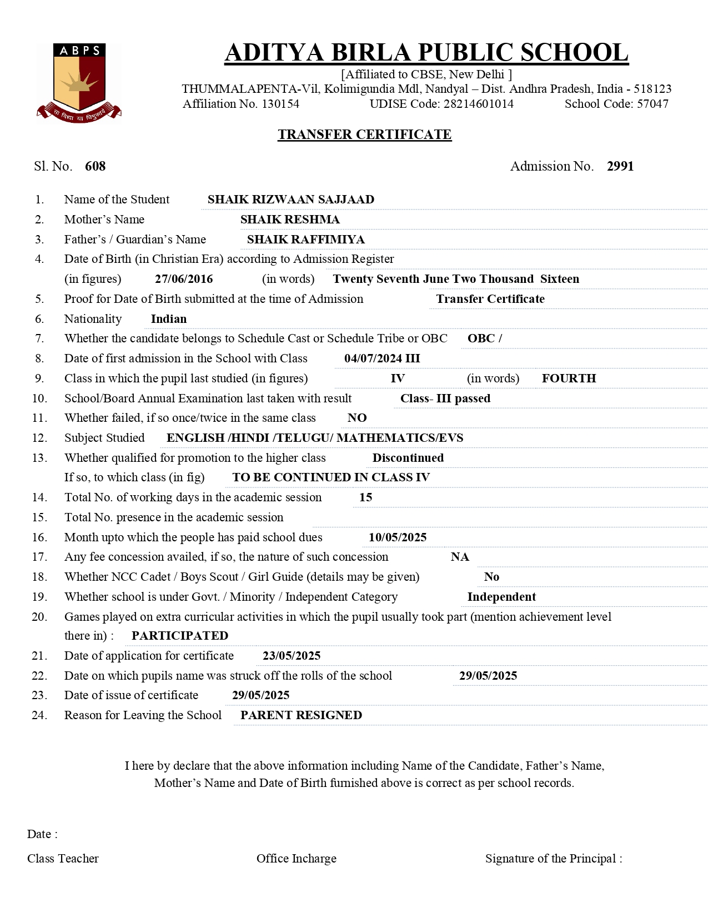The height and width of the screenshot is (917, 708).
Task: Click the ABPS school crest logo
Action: pyautogui.click(x=79, y=82)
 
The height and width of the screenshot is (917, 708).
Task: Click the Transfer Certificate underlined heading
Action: pyautogui.click(x=364, y=134)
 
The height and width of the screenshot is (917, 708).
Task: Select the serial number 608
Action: pyautogui.click(x=95, y=166)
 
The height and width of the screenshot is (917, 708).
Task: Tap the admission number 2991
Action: pyautogui.click(x=620, y=166)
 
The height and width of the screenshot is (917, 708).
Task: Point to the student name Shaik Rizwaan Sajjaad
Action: pyautogui.click(x=290, y=200)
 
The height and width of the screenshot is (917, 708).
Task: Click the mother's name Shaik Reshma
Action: pyautogui.click(x=290, y=220)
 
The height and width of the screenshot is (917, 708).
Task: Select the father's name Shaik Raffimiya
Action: pyautogui.click(x=305, y=240)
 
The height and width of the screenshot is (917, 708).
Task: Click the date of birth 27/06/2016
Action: pyautogui.click(x=184, y=279)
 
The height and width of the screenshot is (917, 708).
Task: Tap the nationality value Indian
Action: pyautogui.click(x=169, y=319)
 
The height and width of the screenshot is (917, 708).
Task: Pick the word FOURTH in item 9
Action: pyautogui.click(x=569, y=378)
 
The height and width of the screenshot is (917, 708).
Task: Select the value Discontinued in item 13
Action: pyautogui.click(x=408, y=458)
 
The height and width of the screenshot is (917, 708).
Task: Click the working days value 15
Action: pyautogui.click(x=365, y=497)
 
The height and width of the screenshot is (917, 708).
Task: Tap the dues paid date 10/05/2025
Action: pyautogui.click(x=398, y=537)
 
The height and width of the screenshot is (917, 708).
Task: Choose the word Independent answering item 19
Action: pyautogui.click(x=501, y=597)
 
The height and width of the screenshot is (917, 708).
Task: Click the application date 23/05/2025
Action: pyautogui.click(x=292, y=656)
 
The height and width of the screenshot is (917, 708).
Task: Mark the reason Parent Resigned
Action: pyautogui.click(x=301, y=715)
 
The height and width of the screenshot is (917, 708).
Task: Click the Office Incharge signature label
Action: pyautogui.click(x=296, y=859)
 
